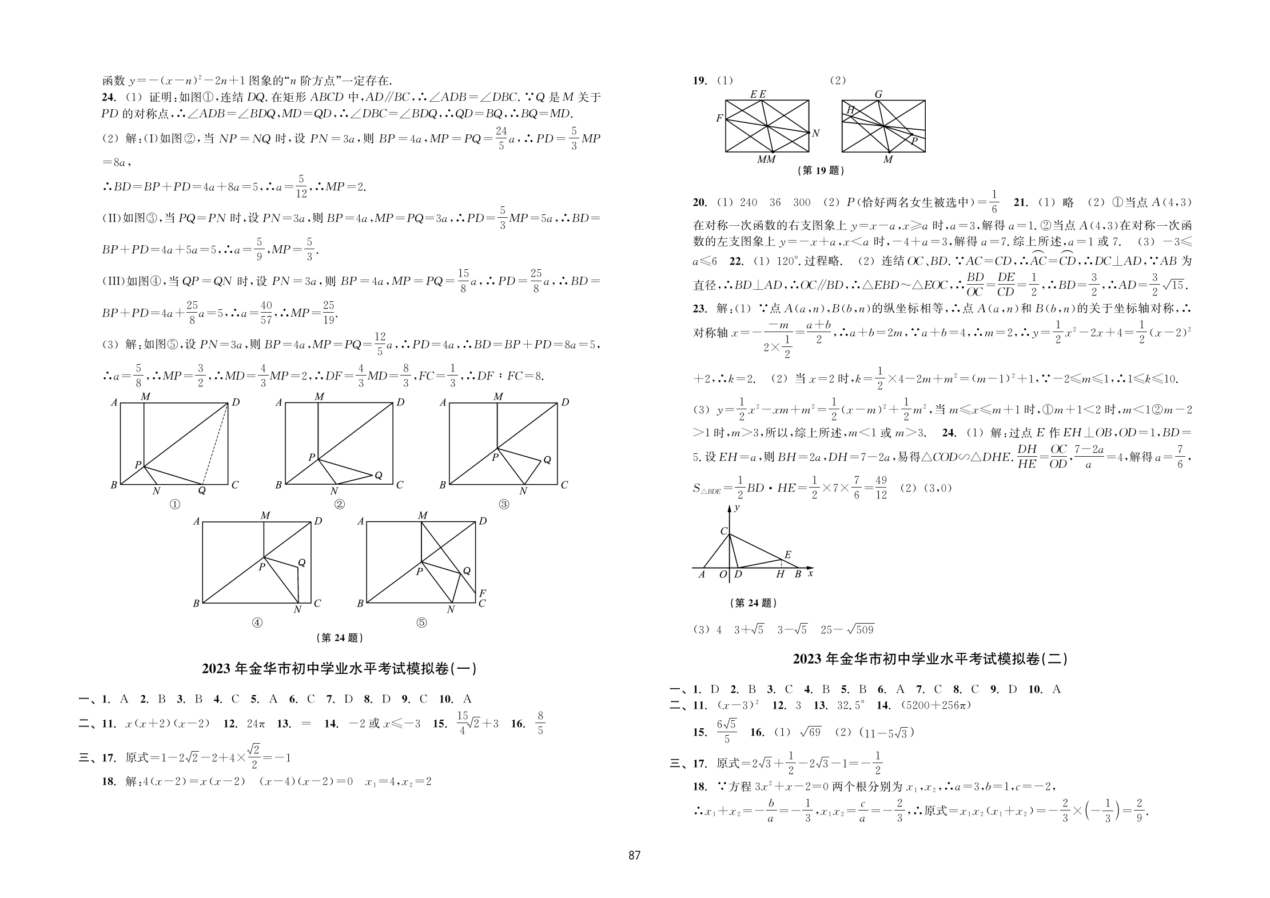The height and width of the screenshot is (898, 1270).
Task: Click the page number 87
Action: click(634, 855)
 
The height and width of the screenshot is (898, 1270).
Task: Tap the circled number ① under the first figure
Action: click(176, 504)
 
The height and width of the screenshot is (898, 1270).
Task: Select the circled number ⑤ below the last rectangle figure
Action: click(421, 622)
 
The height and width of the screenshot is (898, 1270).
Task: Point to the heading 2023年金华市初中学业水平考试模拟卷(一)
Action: click(339, 669)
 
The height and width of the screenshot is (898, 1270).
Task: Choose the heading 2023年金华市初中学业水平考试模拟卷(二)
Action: click(930, 659)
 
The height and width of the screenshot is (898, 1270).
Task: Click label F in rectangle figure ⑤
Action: click(483, 593)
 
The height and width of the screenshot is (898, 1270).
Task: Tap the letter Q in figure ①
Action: click(202, 490)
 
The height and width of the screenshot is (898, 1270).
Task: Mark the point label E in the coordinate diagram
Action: click(787, 554)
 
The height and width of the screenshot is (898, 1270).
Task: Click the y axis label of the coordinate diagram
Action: click(737, 507)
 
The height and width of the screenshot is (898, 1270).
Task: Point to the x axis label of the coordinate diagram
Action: click(810, 573)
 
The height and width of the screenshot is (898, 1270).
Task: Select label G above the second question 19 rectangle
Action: click(878, 94)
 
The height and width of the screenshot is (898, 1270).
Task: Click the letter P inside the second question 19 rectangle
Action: click(914, 141)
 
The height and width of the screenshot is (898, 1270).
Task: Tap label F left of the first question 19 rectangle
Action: click(719, 118)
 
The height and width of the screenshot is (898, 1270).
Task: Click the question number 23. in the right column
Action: click(700, 309)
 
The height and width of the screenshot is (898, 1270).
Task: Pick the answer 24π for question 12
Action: click(256, 724)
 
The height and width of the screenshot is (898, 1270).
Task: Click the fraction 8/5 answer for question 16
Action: click(540, 723)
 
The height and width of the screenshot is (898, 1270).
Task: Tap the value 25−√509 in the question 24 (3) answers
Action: click(847, 630)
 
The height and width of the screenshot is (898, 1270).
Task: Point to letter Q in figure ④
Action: click(302, 562)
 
